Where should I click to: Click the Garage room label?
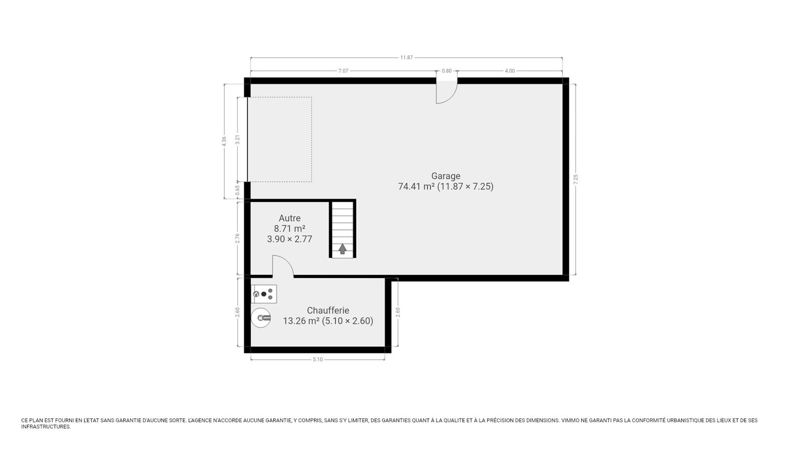coord(445,176)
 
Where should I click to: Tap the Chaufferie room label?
coord(328,311)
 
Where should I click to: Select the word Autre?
coord(289,218)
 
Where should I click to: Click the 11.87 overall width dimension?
coord(406,57)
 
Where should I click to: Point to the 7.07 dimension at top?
coord(343,71)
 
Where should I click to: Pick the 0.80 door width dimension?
coord(446,71)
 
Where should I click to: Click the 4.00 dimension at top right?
coord(510,71)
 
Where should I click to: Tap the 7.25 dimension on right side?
coord(575,179)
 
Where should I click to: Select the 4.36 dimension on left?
coord(224,141)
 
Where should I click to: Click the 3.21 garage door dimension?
coord(238,139)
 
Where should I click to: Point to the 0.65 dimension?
coord(238,190)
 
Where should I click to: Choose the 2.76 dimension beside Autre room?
coord(238,238)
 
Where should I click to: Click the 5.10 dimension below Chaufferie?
coord(318,360)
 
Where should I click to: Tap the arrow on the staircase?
coord(343,249)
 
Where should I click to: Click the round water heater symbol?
coord(261,317)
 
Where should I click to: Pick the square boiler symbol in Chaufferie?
coord(264,294)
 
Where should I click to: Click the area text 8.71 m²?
coord(289,228)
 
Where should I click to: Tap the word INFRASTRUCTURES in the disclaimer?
coord(45,427)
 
